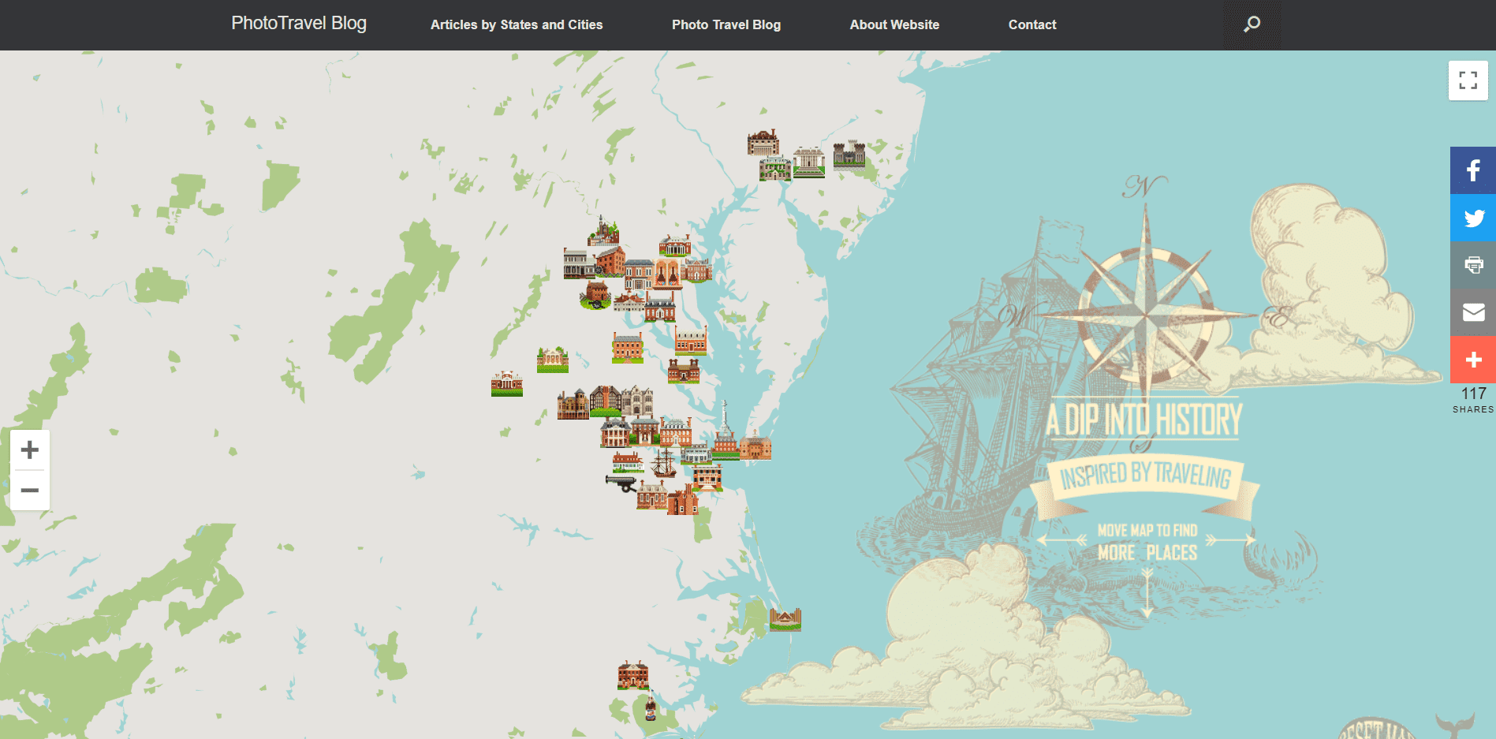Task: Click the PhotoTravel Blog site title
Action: point(299,24)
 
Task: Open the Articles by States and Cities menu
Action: point(517,24)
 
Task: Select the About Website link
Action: point(894,24)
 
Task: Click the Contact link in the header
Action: point(1032,24)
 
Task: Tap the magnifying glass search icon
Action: point(1252,24)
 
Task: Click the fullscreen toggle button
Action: point(1468,80)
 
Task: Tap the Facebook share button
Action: point(1473,170)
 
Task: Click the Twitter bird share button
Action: point(1473,218)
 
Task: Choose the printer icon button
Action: point(1473,265)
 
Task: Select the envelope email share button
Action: point(1473,312)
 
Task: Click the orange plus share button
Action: point(1473,360)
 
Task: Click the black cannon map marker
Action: point(621,482)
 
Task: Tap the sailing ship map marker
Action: point(664,462)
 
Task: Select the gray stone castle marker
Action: point(849,154)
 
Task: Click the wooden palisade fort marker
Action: point(785,619)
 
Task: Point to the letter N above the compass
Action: point(1144,187)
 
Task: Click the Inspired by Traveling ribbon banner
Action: point(1145,477)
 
